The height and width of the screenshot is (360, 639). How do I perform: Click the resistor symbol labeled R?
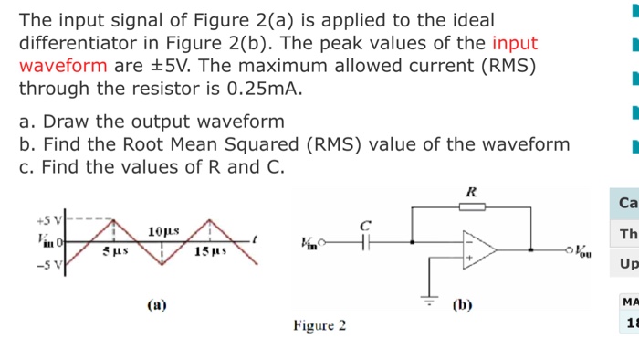(471, 207)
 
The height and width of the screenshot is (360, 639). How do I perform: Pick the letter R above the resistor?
(471, 193)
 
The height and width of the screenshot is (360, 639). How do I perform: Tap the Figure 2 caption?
(319, 325)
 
